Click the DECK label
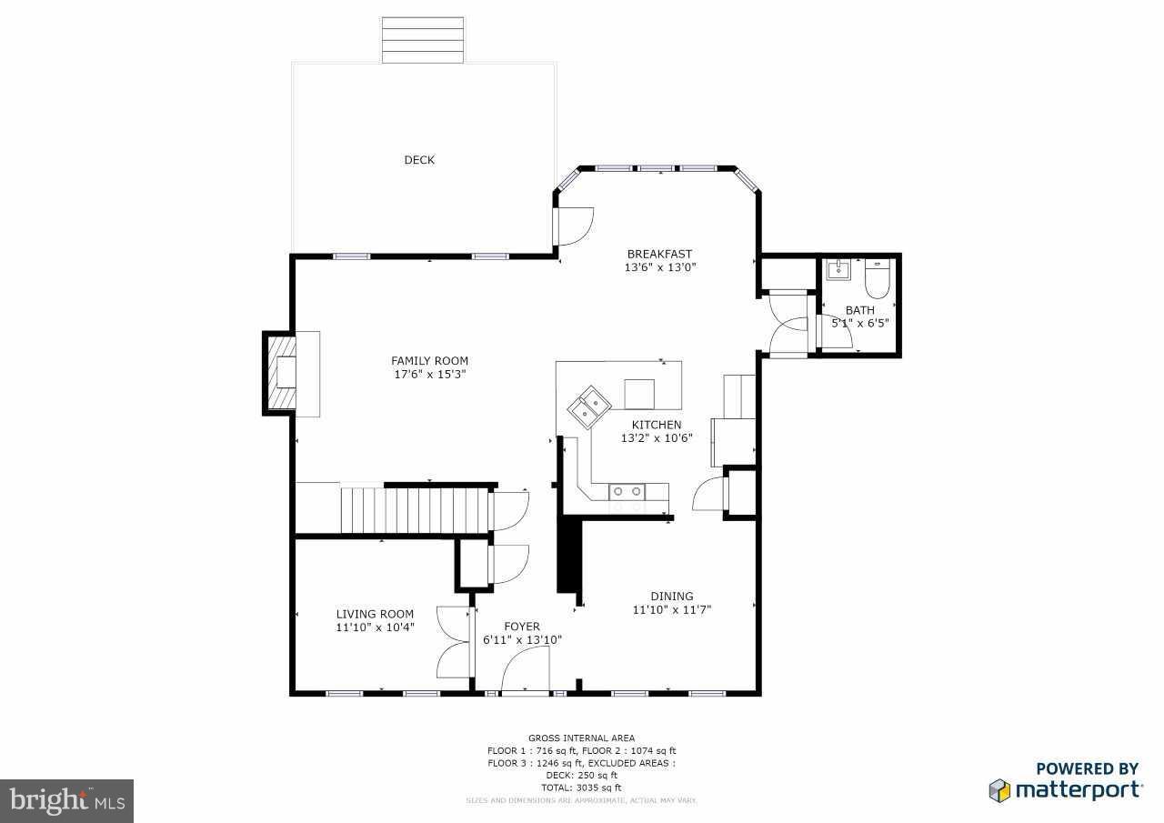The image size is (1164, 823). coord(419,160)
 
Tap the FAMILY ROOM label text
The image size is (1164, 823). coord(429,361)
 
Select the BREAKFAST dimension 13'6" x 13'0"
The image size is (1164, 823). coord(659,267)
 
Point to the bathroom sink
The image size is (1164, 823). coord(838,271)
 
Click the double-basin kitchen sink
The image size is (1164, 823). coord(589,406)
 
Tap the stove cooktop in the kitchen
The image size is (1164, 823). coord(627,491)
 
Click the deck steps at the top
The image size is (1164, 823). coord(422,40)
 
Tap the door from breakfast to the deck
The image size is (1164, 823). coord(573,226)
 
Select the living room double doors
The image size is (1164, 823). coord(452,642)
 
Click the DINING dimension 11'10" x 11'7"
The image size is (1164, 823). coord(671,610)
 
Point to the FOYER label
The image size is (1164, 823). coord(522,627)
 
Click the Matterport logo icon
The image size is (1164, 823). coord(999,789)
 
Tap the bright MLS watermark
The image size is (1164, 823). coord(66,800)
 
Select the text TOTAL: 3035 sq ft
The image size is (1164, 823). coord(582,788)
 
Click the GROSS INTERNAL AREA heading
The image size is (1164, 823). coord(582,738)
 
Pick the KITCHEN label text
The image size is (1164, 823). coord(657,425)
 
